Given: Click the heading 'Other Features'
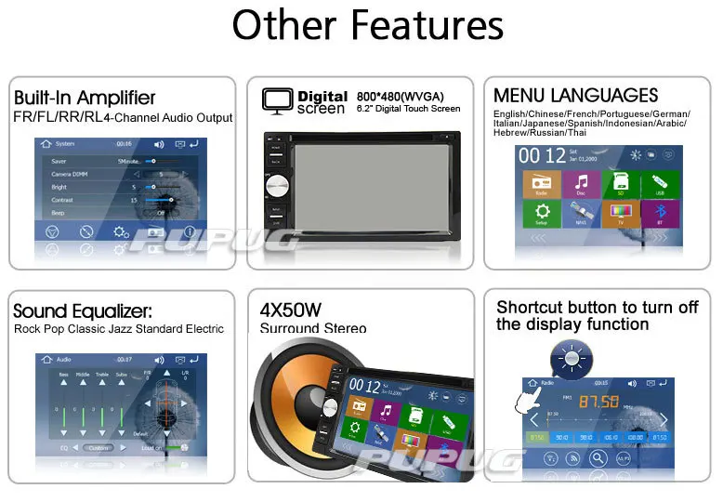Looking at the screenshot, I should [368, 26].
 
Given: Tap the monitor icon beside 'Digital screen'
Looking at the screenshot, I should [276, 100].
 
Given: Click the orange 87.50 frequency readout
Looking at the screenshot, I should [598, 402].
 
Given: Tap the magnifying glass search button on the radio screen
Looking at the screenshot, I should [574, 458].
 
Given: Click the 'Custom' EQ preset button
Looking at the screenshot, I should [99, 447].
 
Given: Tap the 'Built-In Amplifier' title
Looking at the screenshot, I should [85, 98].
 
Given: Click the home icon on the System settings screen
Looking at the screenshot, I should [45, 144].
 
